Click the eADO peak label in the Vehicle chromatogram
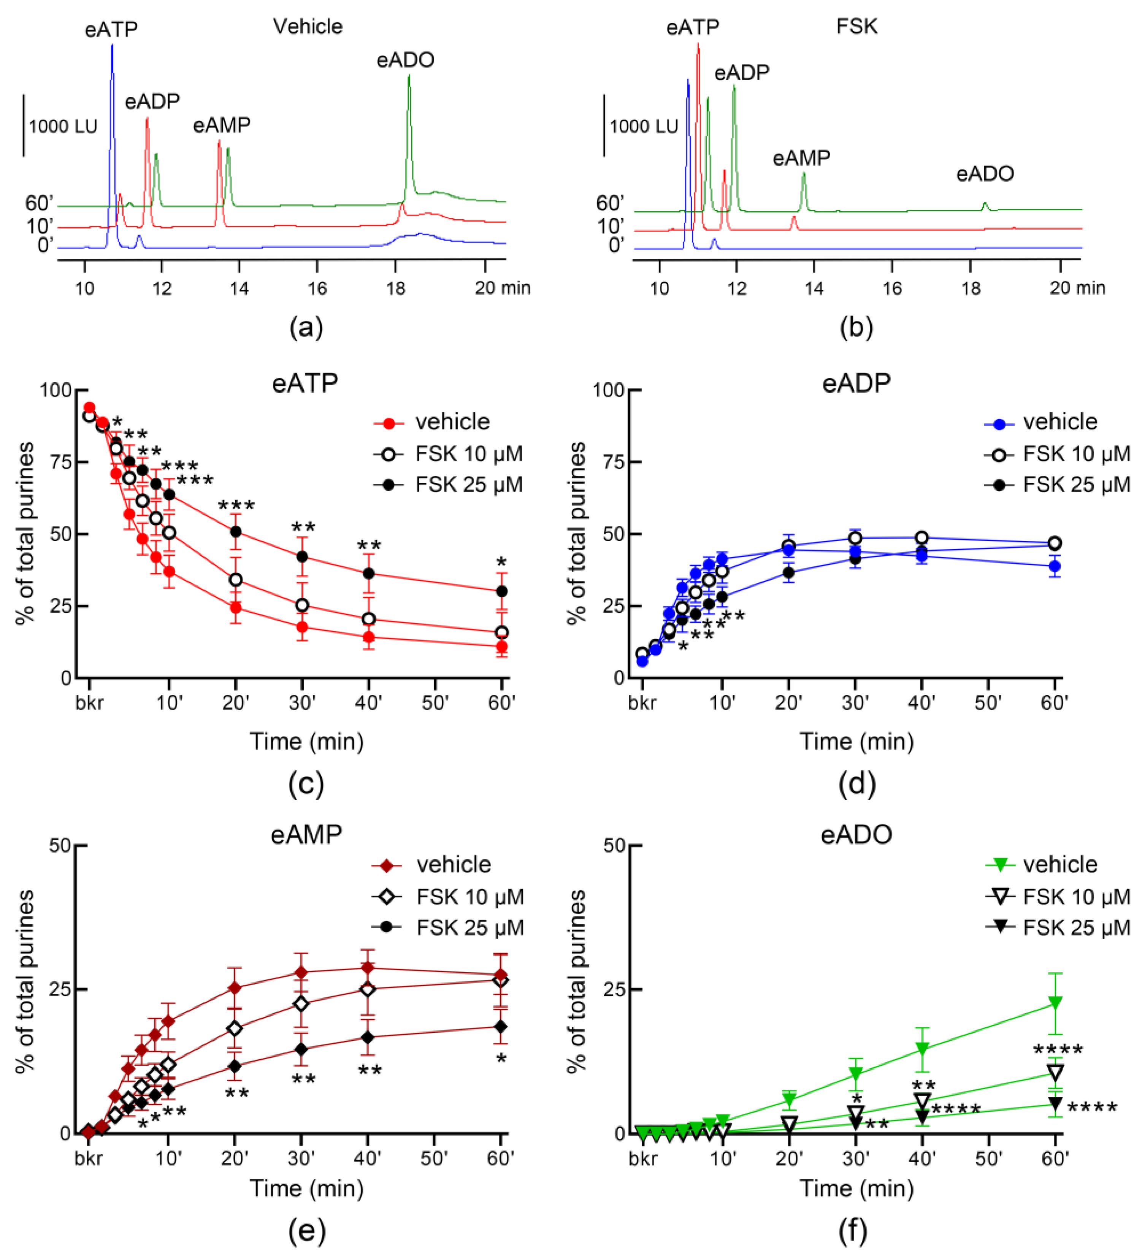(405, 60)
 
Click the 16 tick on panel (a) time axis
(317, 288)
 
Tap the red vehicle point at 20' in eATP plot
(235, 607)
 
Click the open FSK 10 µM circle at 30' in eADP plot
(855, 538)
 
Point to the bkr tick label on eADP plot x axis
(642, 703)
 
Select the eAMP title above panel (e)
(306, 834)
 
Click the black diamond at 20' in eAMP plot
(235, 1066)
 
